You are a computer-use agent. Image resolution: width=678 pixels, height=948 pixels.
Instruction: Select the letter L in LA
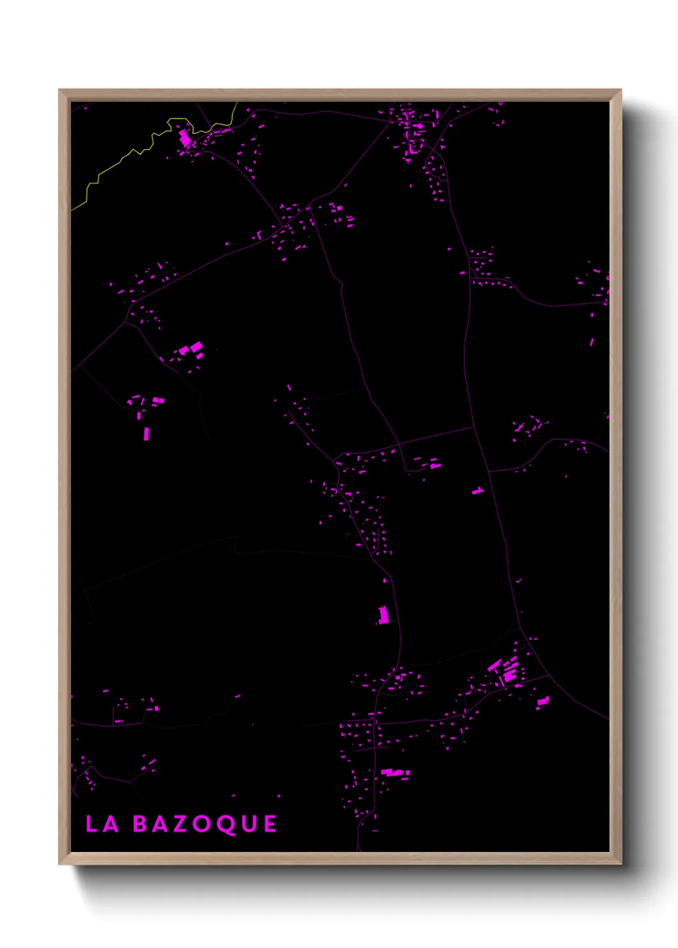(x=91, y=824)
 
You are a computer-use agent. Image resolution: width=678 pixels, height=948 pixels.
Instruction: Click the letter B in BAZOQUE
(x=140, y=824)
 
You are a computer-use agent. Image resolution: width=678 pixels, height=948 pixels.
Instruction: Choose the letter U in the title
(x=249, y=824)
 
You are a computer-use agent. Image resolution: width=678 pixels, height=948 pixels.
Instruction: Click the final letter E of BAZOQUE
(x=270, y=824)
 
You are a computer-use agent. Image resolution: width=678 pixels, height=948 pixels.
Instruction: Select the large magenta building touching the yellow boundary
(x=185, y=138)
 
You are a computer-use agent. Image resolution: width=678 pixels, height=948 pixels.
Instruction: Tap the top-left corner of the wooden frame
(x=60, y=91)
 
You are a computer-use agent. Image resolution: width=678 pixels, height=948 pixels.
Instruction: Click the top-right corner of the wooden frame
(x=620, y=91)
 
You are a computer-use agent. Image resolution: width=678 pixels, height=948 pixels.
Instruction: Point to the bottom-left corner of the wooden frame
(x=60, y=863)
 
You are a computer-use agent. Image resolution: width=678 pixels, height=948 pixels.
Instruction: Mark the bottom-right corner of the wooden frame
(x=620, y=863)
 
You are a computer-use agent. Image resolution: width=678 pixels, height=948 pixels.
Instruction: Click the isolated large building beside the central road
(x=383, y=615)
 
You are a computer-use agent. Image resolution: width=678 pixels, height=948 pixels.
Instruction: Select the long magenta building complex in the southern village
(x=395, y=773)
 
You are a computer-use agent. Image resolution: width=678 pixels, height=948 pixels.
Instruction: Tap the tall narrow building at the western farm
(x=146, y=434)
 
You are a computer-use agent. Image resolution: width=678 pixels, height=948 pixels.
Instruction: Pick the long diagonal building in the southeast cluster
(x=494, y=666)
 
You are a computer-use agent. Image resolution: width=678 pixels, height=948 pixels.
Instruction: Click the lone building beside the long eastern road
(x=477, y=491)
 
